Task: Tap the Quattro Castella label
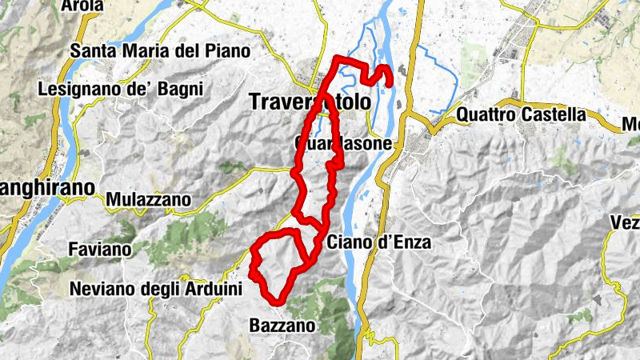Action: [521, 114]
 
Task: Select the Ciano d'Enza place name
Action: [379, 242]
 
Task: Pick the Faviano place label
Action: [100, 250]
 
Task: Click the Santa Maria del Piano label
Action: [160, 50]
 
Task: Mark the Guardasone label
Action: [344, 144]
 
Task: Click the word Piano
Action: [226, 50]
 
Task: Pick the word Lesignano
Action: [76, 88]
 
